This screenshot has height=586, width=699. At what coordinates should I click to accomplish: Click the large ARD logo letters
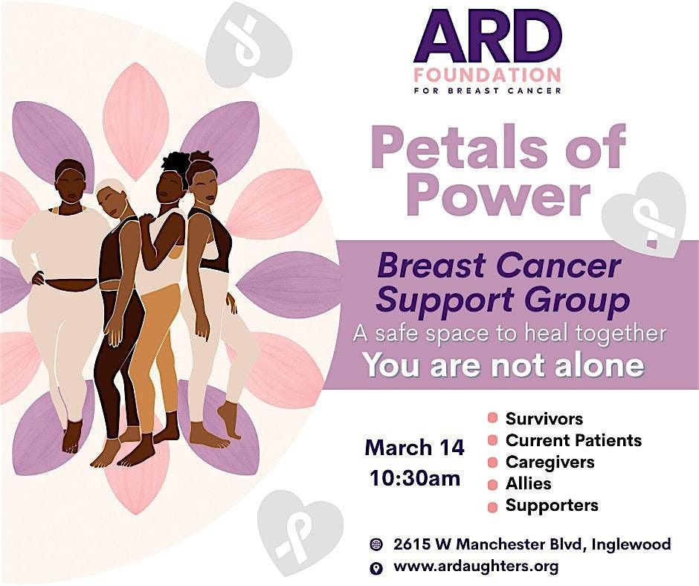click(487, 37)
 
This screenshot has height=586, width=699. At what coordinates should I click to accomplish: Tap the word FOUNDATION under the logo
click(487, 75)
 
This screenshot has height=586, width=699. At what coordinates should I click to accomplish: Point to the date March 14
click(415, 447)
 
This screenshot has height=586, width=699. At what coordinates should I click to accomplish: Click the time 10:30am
click(415, 478)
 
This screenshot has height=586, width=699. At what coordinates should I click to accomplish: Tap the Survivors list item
click(544, 419)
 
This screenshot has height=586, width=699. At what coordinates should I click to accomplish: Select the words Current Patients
click(573, 440)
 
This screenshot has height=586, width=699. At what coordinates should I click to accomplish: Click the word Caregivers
click(550, 462)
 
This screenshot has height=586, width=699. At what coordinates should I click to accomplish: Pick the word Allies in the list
click(528, 483)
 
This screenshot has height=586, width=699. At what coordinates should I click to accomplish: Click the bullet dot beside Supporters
click(492, 507)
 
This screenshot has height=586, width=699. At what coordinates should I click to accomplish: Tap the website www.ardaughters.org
click(476, 567)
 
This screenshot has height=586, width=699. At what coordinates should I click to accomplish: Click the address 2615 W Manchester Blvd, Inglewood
click(532, 544)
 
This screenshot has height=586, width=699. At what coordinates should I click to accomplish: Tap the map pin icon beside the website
click(377, 567)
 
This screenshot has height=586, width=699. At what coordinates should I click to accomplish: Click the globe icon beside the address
click(377, 544)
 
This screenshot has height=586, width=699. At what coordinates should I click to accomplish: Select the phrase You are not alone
click(504, 365)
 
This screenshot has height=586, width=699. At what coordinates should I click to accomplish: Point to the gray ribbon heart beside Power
click(644, 214)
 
